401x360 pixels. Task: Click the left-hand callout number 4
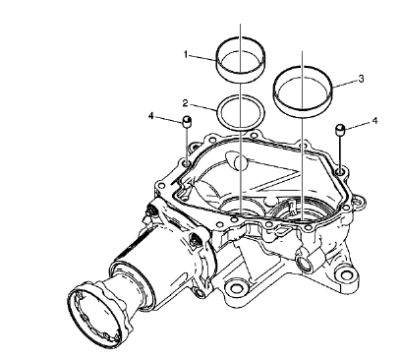pyautogui.click(x=151, y=117)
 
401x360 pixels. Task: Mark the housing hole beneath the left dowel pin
pyautogui.click(x=185, y=155)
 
